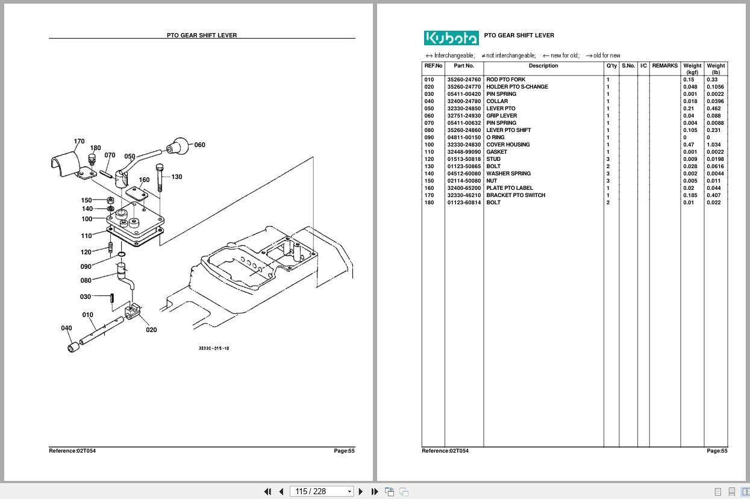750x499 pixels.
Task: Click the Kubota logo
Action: [451, 38]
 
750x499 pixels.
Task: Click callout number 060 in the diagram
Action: [199, 145]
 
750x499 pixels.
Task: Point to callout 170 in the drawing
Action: [79, 142]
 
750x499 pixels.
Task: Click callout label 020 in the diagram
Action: [151, 330]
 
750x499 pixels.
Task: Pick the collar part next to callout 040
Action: [74, 347]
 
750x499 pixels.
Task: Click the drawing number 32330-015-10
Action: [214, 348]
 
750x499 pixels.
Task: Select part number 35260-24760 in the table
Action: [464, 80]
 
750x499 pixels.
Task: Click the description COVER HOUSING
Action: [508, 145]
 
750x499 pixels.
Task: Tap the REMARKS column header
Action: [664, 66]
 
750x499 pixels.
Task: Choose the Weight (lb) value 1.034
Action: [713, 145]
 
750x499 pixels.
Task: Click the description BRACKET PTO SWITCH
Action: [516, 195]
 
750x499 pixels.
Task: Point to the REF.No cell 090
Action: [429, 137]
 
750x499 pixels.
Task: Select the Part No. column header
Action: [464, 66]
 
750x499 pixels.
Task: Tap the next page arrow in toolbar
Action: [361, 491]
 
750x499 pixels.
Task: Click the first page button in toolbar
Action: [267, 491]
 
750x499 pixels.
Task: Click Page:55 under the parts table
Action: [717, 451]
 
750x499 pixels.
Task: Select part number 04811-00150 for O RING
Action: [464, 137]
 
